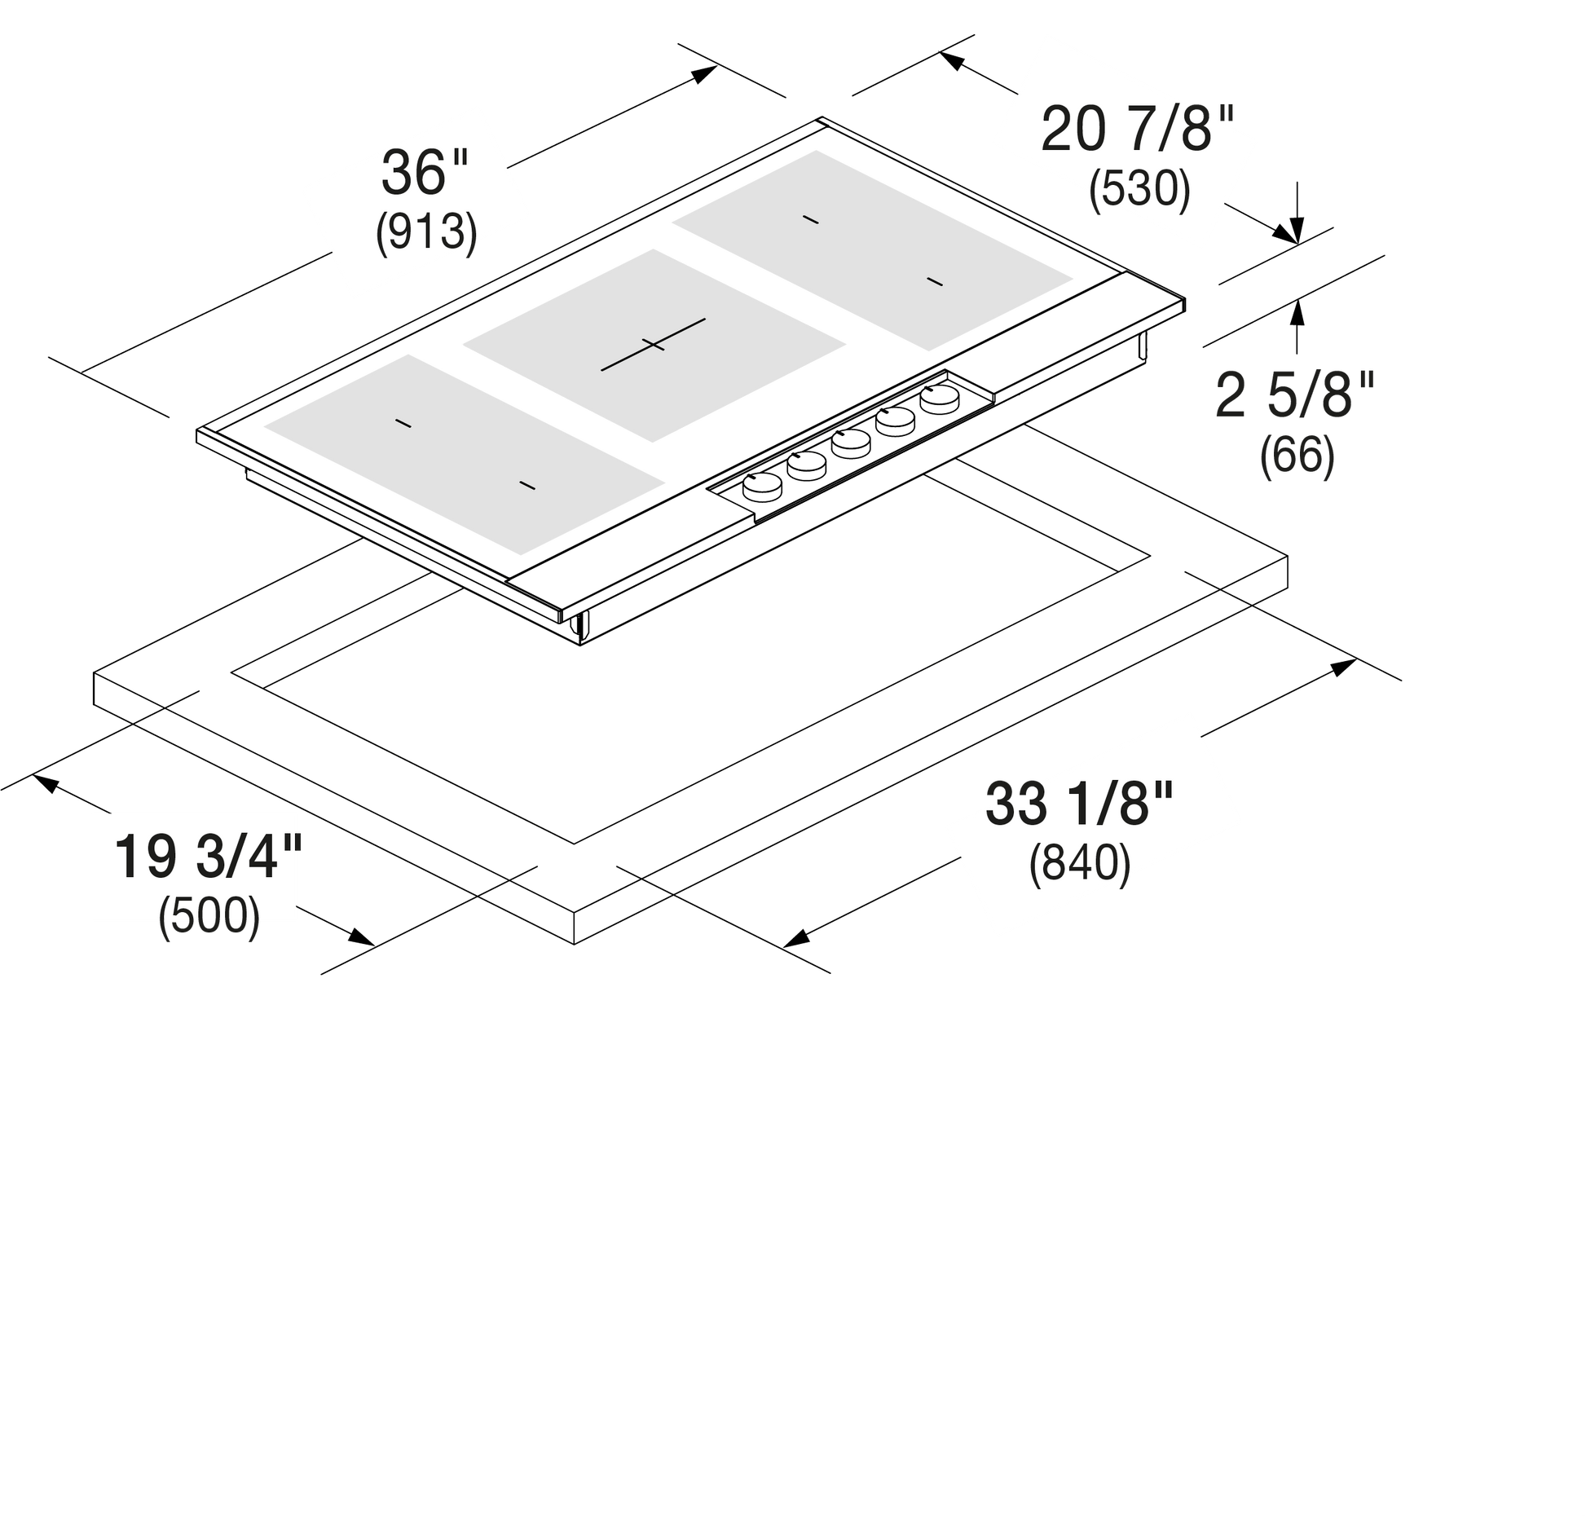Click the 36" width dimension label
point(425,172)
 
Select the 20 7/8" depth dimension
point(1138,129)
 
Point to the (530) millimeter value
point(1139,189)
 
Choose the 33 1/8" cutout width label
point(1079,804)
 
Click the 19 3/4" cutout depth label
point(209,857)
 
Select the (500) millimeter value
point(209,916)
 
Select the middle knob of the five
point(852,443)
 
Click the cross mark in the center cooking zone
point(653,345)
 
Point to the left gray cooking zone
point(464,453)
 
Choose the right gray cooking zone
point(872,250)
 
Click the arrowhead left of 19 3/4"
point(45,783)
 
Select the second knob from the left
point(807,465)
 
